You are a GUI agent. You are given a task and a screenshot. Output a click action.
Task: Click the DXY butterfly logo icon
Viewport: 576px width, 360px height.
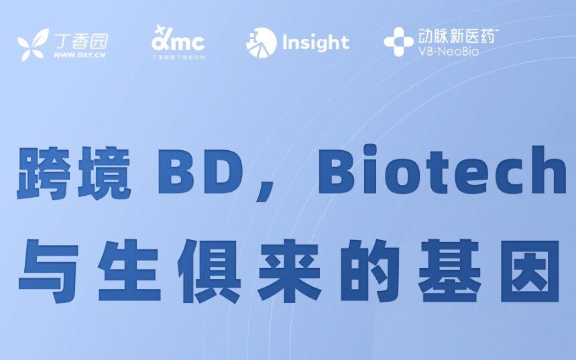click(33, 45)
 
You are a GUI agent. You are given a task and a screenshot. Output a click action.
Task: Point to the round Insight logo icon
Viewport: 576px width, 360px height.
click(262, 44)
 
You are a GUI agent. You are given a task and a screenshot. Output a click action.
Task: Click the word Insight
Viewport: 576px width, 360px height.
click(316, 43)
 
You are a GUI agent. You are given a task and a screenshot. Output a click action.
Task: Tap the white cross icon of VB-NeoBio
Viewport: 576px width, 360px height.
click(398, 42)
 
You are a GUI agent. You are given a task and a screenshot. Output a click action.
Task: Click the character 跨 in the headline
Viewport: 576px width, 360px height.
click(45, 174)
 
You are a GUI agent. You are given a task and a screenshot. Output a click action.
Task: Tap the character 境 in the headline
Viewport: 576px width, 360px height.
click(105, 174)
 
